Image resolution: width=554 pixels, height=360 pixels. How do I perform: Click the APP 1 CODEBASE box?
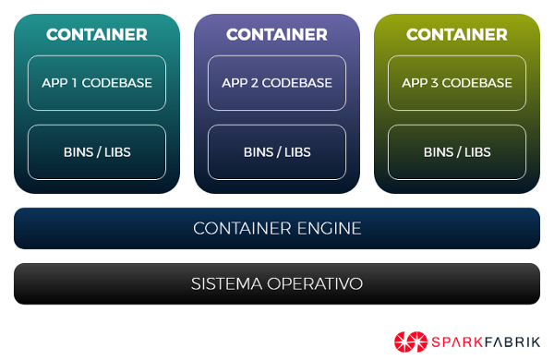point(97,83)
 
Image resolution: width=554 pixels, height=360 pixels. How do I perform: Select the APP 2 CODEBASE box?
point(277,83)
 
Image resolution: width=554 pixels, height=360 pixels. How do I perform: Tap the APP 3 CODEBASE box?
point(457,83)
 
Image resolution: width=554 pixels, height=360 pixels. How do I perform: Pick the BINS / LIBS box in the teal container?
point(97,152)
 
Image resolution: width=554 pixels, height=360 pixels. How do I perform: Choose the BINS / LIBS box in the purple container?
point(277,152)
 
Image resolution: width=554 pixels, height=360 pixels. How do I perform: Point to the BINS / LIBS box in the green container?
point(457,152)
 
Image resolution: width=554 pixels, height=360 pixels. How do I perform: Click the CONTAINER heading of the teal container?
point(97,35)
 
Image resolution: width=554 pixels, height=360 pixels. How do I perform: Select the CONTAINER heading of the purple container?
point(277,35)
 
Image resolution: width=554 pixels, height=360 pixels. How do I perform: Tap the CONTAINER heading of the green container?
point(457,35)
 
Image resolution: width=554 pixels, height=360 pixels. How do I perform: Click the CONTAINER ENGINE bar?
point(277,228)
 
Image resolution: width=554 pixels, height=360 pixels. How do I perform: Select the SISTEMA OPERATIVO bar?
point(277,283)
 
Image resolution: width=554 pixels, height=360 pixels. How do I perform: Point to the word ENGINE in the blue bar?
point(330,228)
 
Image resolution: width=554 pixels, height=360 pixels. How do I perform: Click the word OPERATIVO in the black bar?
point(316,283)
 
